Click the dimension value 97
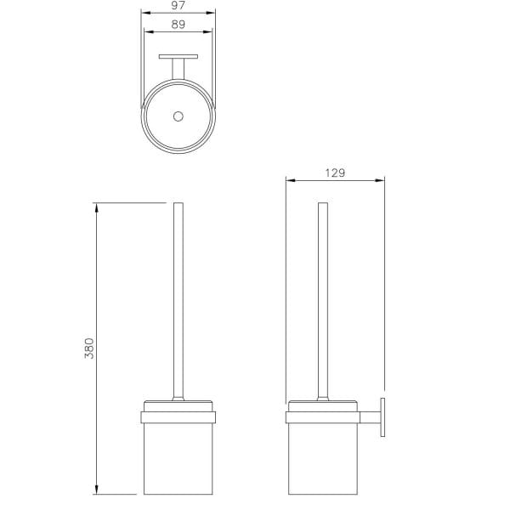click(178, 5)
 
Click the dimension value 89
click(178, 25)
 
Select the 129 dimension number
click(335, 173)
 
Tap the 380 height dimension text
click(89, 348)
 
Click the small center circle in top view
click(178, 116)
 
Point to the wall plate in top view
click(178, 57)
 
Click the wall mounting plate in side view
click(382, 417)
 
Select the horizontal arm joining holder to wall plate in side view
click(370, 417)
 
